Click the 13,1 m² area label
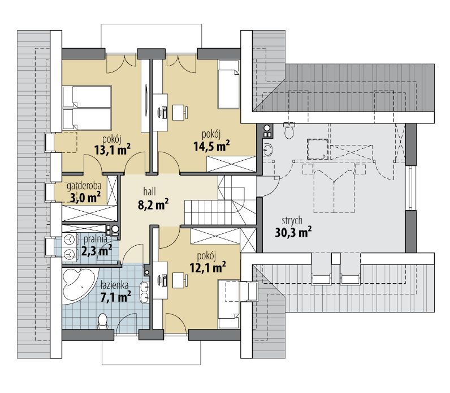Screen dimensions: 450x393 click(x=112, y=149)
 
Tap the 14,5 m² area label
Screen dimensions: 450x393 click(x=211, y=146)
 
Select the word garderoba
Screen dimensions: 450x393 click(x=84, y=186)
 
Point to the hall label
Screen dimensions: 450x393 click(x=149, y=191)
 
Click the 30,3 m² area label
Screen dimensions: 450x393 click(x=293, y=232)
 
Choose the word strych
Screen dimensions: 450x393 click(x=292, y=220)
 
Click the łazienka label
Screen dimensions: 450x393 click(x=115, y=285)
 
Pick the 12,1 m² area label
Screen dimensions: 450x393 click(x=208, y=267)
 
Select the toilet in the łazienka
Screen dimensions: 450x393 click(x=102, y=322)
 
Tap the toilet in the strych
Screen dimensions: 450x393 click(x=289, y=130)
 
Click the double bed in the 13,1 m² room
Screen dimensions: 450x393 click(x=87, y=108)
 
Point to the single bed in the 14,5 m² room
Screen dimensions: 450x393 click(x=228, y=84)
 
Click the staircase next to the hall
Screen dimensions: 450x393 click(x=221, y=200)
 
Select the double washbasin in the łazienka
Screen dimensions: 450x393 click(x=144, y=292)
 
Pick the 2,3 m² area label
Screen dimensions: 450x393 click(x=97, y=250)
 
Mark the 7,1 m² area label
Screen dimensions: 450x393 click(x=116, y=297)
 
